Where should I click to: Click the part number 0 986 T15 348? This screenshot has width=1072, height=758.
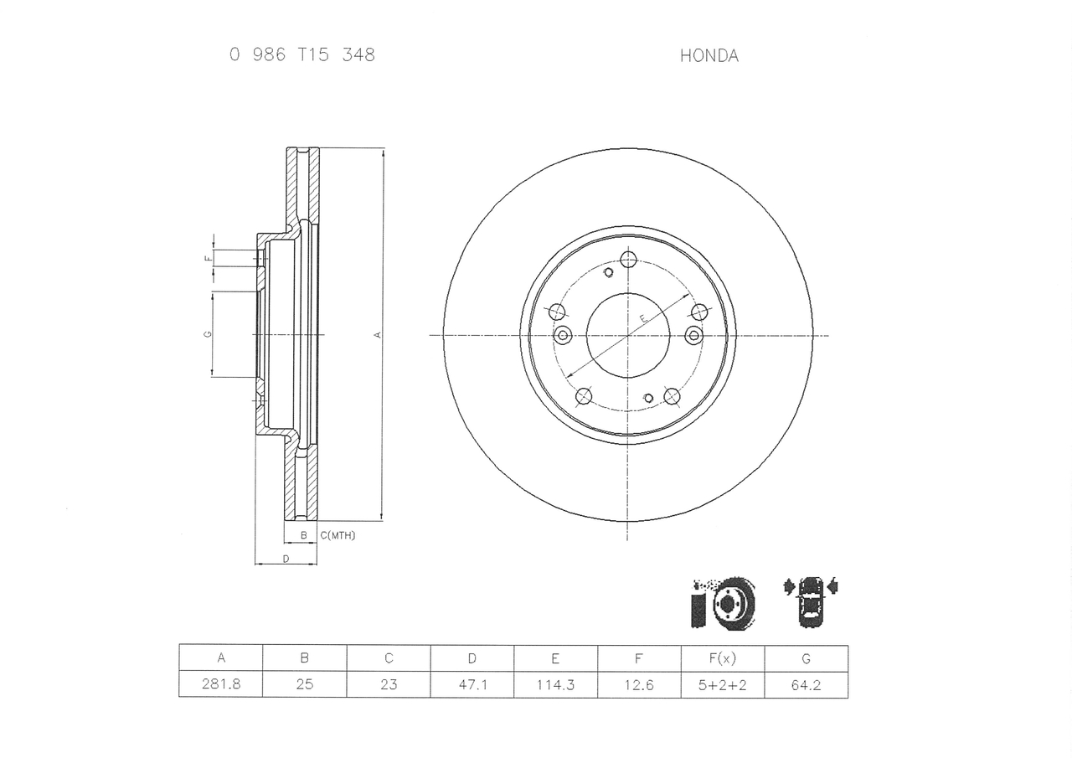click(x=301, y=55)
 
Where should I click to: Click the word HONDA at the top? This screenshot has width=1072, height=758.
click(x=709, y=56)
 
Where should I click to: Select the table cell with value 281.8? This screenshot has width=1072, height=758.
click(x=221, y=684)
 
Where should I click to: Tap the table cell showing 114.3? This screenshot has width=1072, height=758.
click(x=555, y=684)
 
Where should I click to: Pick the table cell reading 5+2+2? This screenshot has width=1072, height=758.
click(x=722, y=684)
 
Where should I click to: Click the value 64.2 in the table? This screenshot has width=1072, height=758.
click(x=806, y=684)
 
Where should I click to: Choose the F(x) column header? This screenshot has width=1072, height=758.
click(x=722, y=658)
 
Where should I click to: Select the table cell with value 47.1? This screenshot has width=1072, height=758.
click(x=472, y=684)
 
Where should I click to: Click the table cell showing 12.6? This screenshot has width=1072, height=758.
click(x=639, y=684)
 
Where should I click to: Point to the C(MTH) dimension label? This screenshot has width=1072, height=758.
click(x=338, y=535)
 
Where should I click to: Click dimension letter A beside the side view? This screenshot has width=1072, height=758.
click(x=378, y=335)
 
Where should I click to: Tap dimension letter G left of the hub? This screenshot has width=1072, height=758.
click(x=207, y=334)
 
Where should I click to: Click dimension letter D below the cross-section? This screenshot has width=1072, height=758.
click(x=286, y=559)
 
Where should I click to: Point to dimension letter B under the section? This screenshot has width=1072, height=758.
click(x=303, y=535)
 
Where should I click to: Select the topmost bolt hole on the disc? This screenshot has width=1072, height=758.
click(x=628, y=259)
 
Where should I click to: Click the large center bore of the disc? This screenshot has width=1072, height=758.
click(x=628, y=335)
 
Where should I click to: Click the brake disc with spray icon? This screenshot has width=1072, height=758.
click(x=724, y=602)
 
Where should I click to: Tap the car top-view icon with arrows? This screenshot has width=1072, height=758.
click(x=810, y=601)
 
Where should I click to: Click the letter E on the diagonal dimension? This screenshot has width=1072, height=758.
click(x=643, y=319)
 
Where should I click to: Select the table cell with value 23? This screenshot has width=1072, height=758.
click(x=389, y=684)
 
